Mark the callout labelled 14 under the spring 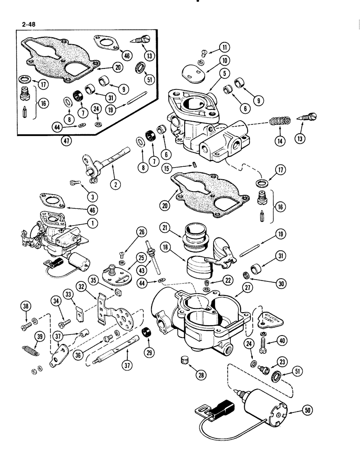coord(279,138)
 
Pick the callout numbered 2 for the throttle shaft coord(113,184)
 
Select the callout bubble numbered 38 coord(25,306)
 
